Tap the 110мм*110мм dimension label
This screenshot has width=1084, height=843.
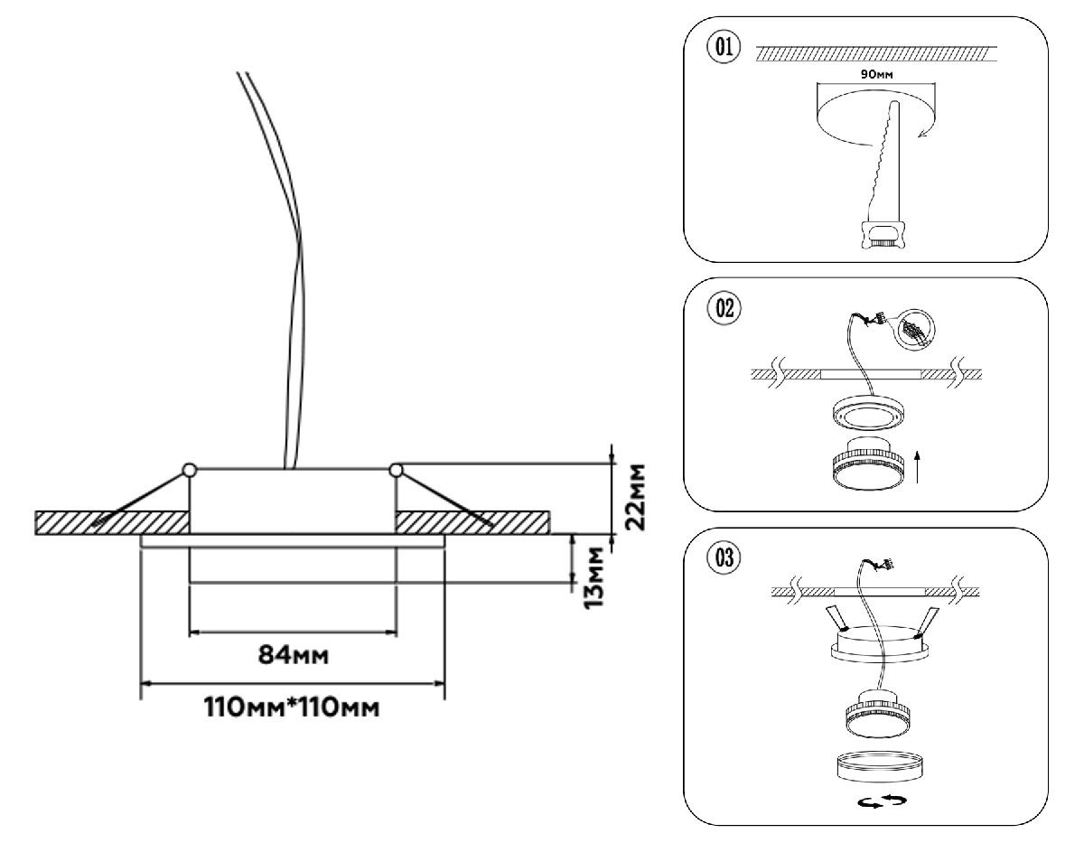291,707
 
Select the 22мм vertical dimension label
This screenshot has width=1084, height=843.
638,499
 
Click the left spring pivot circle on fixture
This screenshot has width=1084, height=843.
189,469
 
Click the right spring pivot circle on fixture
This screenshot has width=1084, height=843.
395,469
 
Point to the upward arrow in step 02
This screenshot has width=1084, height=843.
918,468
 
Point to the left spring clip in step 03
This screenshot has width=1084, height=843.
836,618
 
